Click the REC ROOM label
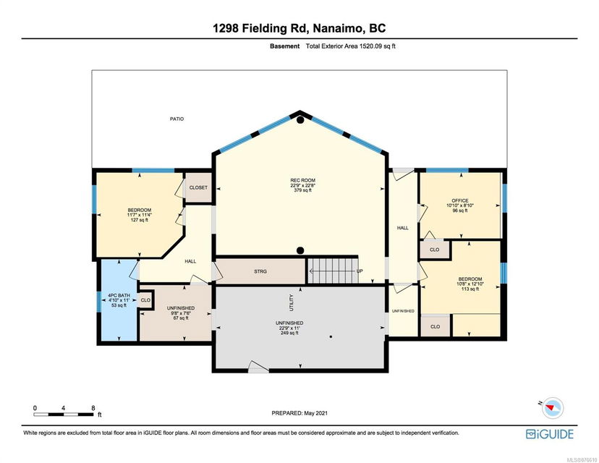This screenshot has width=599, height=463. tap(302, 180)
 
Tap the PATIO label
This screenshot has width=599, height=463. tap(177, 119)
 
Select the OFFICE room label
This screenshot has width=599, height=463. tap(460, 200)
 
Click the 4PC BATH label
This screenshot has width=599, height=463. tap(119, 295)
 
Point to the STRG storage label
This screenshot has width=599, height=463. tap(260, 271)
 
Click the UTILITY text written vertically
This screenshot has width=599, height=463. tap(292, 302)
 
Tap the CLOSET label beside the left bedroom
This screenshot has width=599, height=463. tap(198, 187)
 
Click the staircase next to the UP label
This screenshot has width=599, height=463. tap(333, 271)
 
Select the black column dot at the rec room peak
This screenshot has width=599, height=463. tap(300, 120)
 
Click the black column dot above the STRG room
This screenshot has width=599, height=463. tap(300, 250)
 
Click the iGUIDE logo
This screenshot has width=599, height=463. tap(550, 434)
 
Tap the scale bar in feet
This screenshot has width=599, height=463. tap(64, 414)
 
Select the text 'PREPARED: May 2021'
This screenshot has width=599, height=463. tap(299, 413)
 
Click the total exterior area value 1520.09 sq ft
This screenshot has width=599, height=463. tap(377, 46)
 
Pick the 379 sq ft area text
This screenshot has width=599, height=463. tap(302, 190)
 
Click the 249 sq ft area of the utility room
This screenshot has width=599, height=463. tap(289, 333)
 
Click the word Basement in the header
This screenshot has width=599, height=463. tap(284, 46)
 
